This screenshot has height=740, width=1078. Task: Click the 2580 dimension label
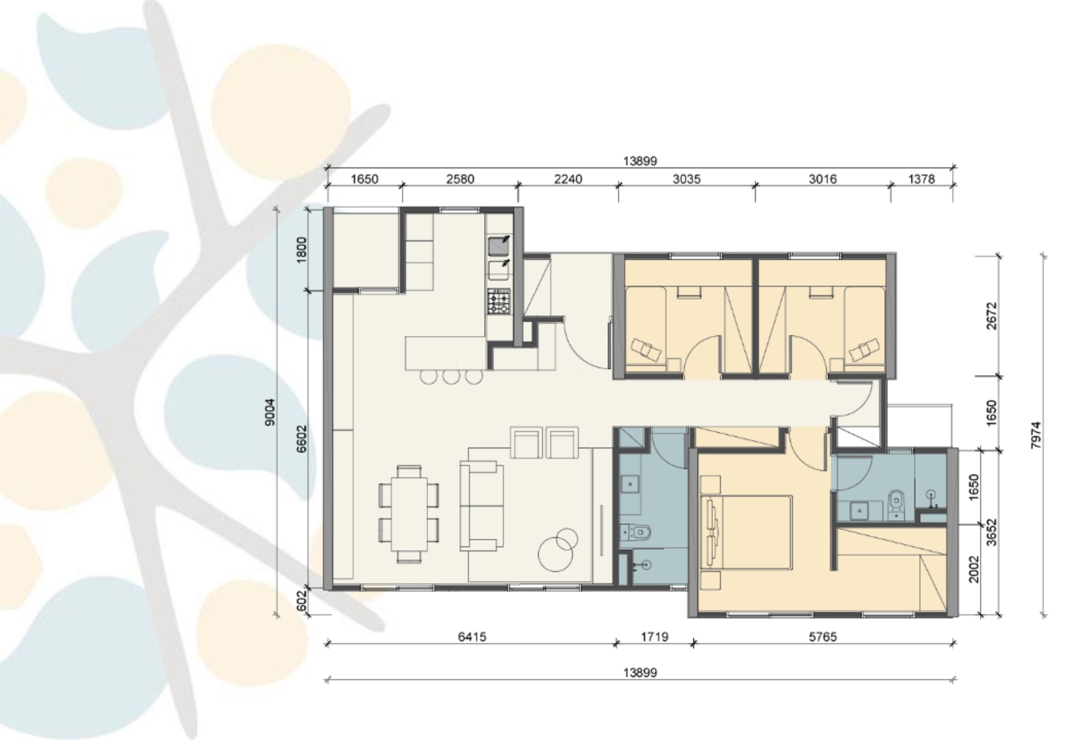click(x=460, y=179)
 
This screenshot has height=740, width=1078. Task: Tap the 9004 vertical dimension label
click(x=269, y=412)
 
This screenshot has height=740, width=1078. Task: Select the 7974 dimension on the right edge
click(x=1036, y=435)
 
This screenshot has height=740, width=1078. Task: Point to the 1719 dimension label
click(x=655, y=637)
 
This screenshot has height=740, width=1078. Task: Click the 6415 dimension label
click(x=472, y=637)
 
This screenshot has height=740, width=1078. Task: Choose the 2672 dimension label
click(x=991, y=316)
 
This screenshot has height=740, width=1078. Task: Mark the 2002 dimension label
click(x=974, y=569)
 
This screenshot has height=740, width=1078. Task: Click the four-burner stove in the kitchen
click(x=499, y=301)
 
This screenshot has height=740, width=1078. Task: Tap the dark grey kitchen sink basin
click(x=499, y=246)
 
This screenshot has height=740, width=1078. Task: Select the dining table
click(x=409, y=514)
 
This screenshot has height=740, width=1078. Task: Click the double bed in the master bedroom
click(x=746, y=532)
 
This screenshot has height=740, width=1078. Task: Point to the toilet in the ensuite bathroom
click(x=896, y=505)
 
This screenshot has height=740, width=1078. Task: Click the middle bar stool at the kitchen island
click(x=451, y=376)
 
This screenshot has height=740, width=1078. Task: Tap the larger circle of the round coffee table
click(x=555, y=554)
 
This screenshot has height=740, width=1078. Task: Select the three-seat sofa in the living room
click(x=481, y=506)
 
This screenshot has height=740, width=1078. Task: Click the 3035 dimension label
click(x=687, y=179)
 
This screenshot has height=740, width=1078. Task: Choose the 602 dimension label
click(x=301, y=601)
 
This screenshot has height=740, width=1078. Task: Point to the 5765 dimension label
click(x=823, y=637)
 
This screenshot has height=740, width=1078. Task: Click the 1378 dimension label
click(x=921, y=179)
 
